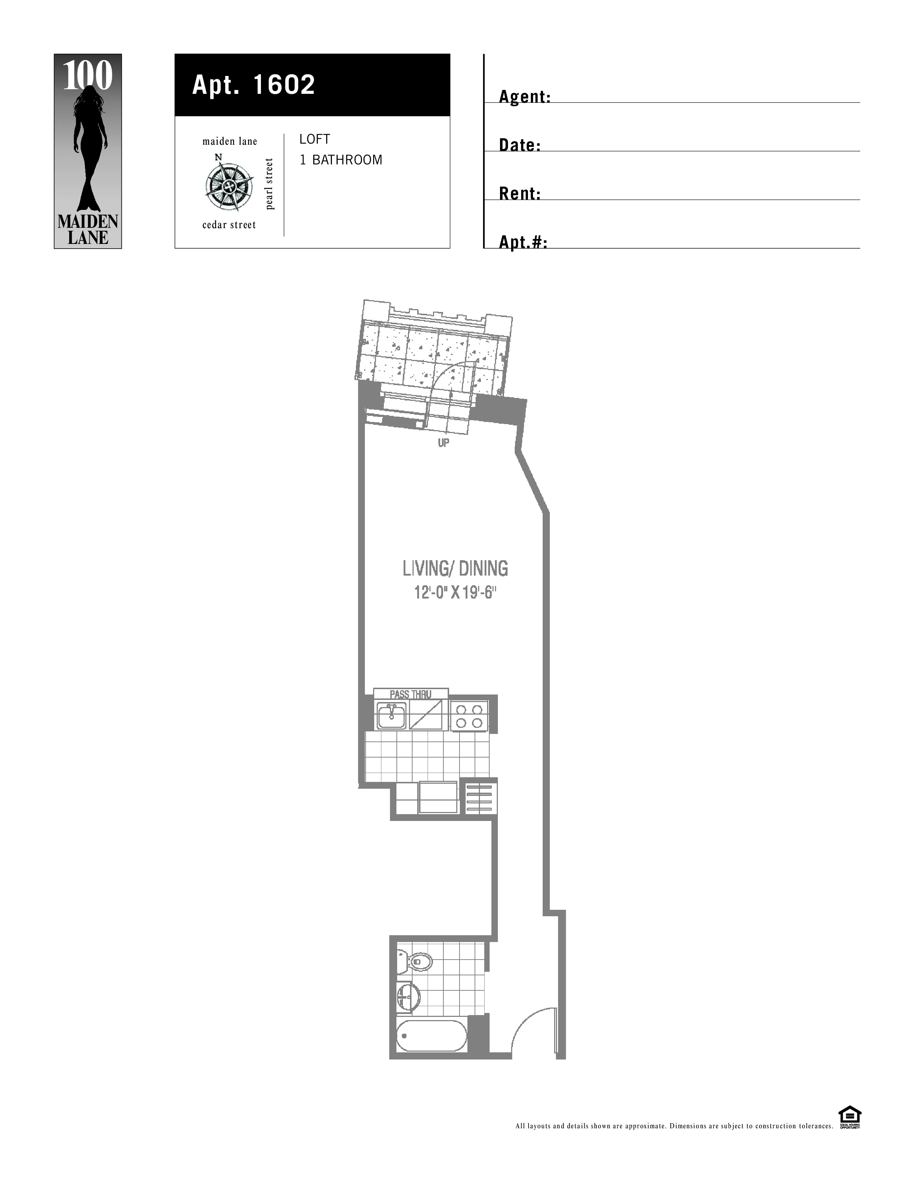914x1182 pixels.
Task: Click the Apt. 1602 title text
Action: tap(253, 85)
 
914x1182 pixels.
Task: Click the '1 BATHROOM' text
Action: tap(341, 160)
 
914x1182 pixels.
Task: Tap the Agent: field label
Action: tap(524, 97)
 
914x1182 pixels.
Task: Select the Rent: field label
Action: tap(520, 194)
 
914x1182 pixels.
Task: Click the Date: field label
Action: tap(520, 145)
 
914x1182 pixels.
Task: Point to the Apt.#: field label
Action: tap(523, 242)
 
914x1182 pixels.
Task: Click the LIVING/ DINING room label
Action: tap(455, 569)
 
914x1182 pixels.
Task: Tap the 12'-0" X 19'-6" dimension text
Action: tap(455, 593)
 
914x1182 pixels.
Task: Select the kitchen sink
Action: tap(391, 716)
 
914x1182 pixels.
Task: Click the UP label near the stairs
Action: tap(443, 443)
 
